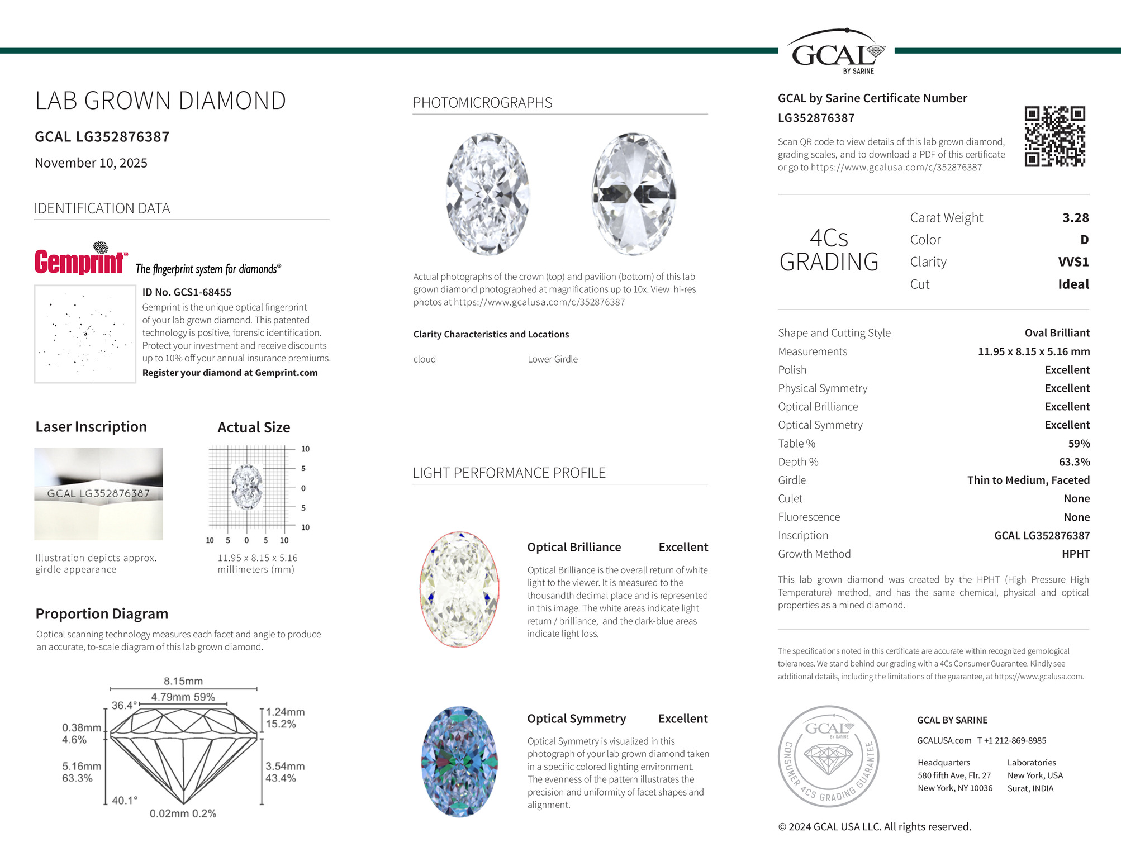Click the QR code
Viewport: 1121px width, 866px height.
coord(1054,136)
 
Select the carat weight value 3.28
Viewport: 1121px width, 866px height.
coord(1075,218)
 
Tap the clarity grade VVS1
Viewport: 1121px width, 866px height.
coord(1073,262)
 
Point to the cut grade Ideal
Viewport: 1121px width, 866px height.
coord(1073,284)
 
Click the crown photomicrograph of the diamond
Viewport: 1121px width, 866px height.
coord(488,194)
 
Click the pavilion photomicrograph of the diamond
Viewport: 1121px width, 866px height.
coord(634,194)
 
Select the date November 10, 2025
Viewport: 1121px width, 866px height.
coord(91,163)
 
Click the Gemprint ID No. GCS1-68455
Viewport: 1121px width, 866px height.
coord(187,292)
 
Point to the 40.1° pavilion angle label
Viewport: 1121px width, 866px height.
coord(125,800)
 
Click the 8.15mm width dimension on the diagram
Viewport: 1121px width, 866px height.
coord(183,681)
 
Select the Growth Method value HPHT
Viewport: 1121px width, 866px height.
coord(1075,554)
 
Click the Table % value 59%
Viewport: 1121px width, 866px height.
coord(1079,444)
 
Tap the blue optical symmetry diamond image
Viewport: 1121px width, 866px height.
coord(459,762)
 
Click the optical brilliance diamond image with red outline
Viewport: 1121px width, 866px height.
coord(459,589)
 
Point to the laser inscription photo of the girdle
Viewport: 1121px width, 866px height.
coord(98,493)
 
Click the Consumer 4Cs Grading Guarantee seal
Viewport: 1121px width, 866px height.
coord(829,756)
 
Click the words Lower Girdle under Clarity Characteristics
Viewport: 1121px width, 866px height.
coord(553,359)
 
